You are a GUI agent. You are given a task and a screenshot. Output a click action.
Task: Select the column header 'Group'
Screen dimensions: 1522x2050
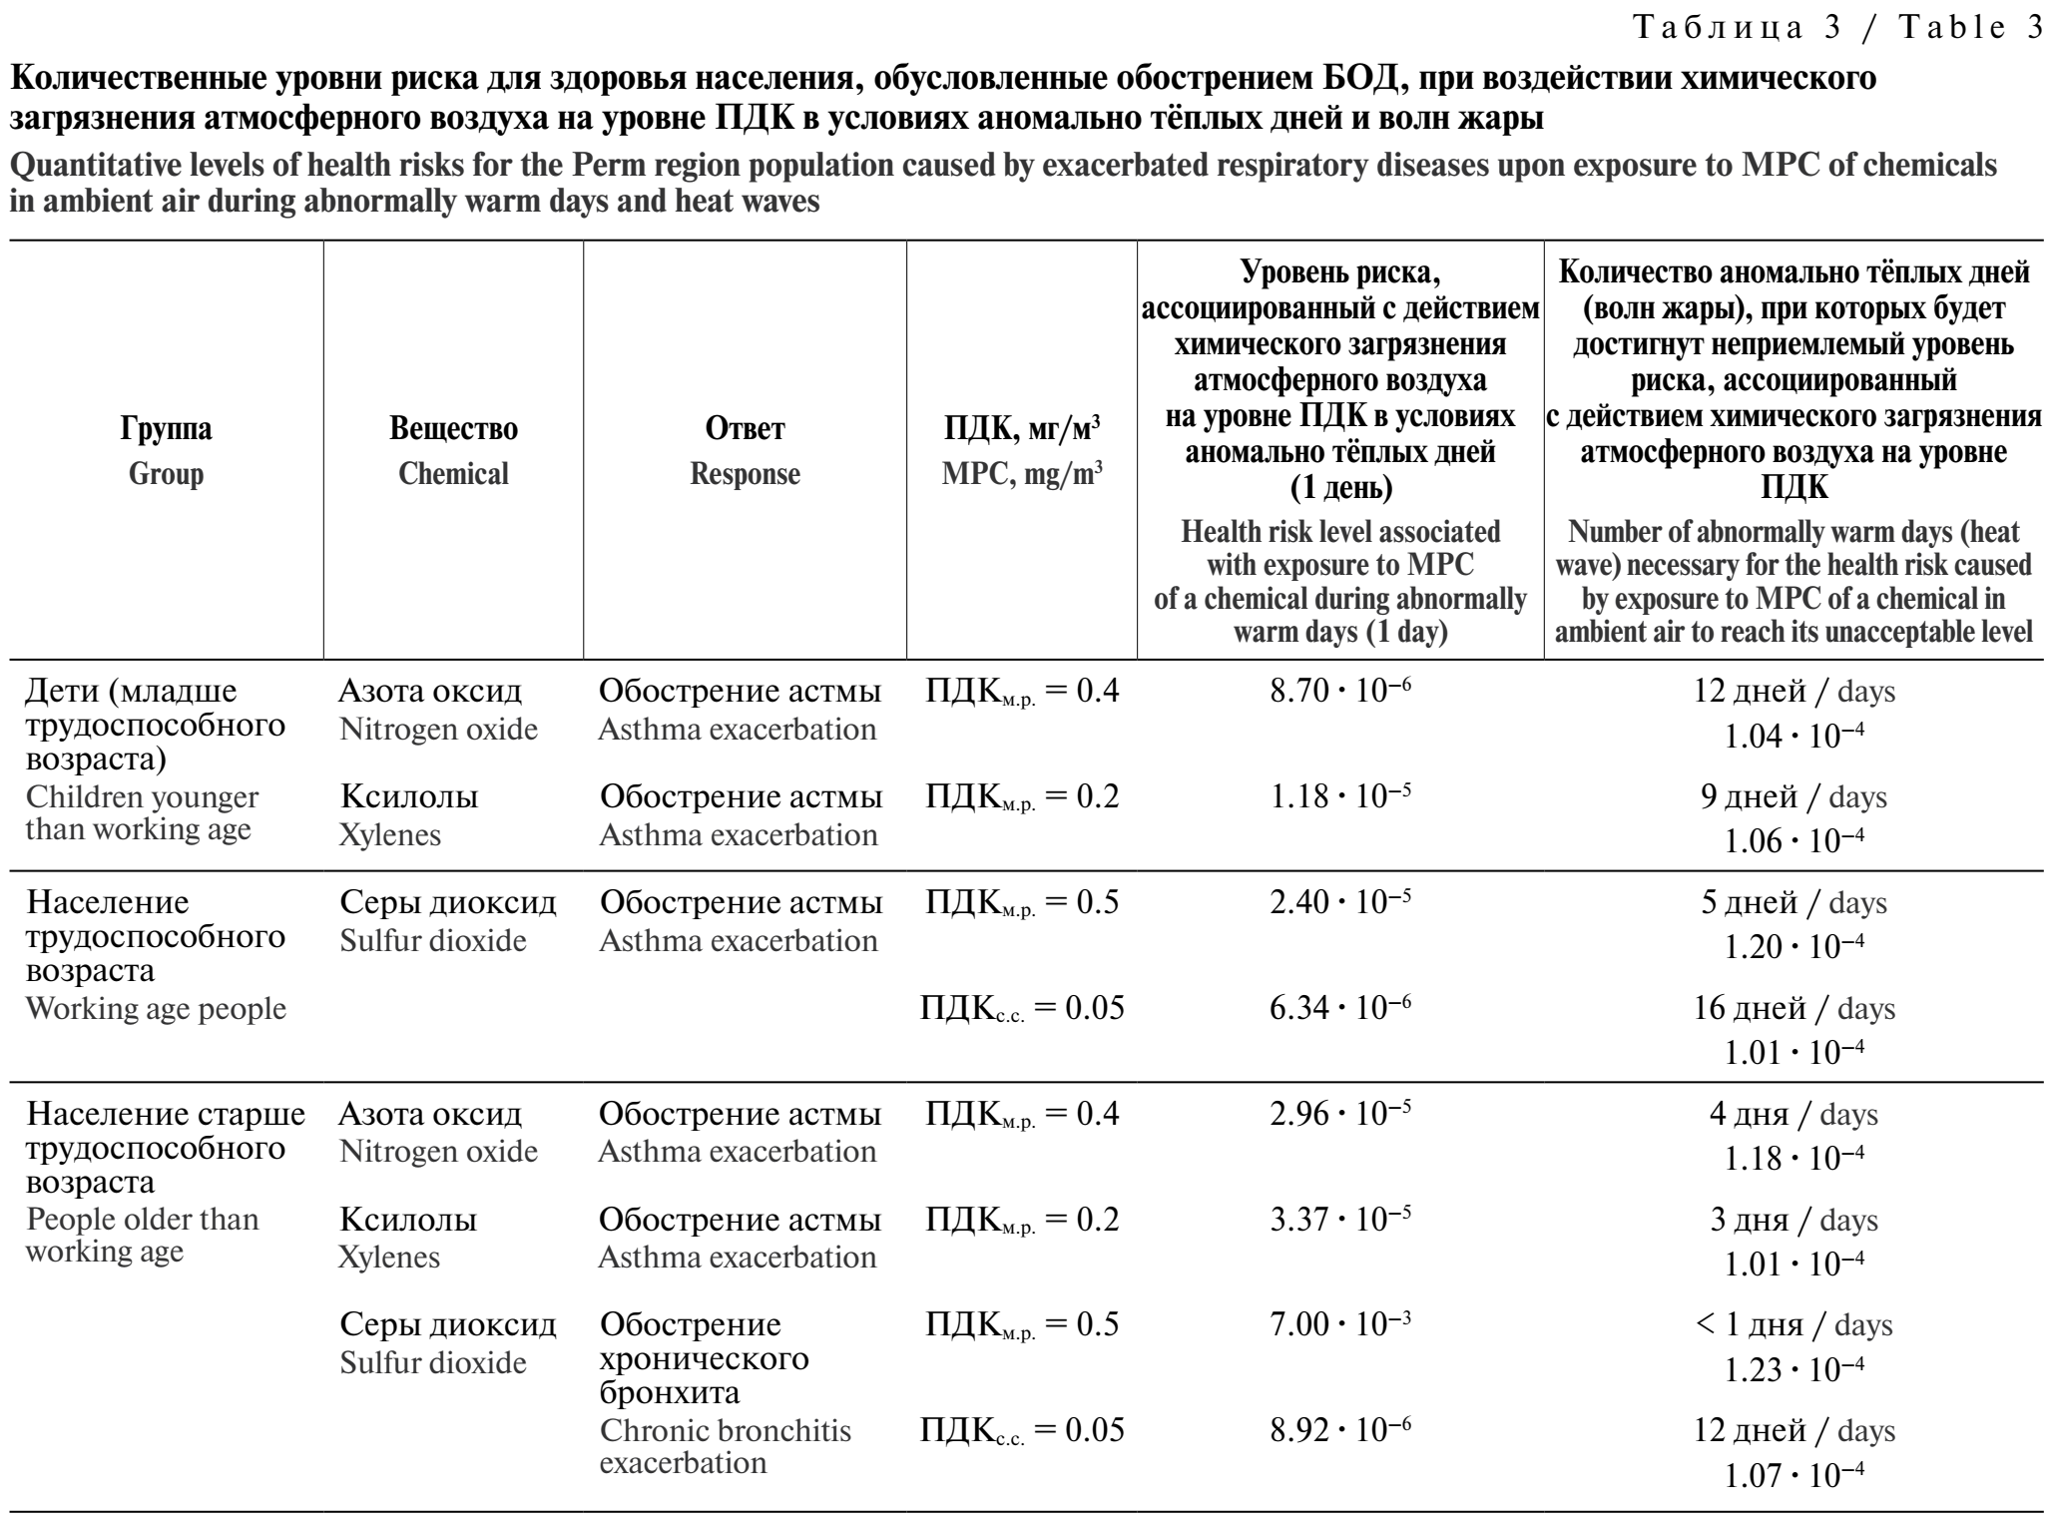166,474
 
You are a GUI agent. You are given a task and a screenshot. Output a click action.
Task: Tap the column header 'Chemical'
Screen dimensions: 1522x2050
453,474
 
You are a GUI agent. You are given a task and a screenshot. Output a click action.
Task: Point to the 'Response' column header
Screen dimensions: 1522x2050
745,474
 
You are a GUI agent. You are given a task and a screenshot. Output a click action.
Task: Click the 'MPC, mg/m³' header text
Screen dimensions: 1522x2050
1022,474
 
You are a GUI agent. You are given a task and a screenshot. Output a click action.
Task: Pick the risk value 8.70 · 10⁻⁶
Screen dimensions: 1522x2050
1340,691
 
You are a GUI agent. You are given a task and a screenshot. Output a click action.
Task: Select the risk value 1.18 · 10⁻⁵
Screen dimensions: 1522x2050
1340,796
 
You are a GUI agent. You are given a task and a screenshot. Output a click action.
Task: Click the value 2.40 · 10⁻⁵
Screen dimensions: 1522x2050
1340,902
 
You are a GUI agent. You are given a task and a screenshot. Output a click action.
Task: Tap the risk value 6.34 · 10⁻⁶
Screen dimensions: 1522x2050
1340,1008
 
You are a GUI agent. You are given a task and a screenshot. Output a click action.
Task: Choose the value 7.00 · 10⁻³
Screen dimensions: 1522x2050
1340,1324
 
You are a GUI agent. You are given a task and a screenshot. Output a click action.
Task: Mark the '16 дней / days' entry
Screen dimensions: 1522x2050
1794,1008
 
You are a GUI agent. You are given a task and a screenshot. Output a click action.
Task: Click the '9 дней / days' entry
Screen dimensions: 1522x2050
1794,796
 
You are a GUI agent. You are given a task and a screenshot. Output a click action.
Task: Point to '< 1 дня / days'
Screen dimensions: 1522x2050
1794,1324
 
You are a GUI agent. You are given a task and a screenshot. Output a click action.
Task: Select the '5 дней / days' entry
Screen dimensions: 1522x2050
1794,902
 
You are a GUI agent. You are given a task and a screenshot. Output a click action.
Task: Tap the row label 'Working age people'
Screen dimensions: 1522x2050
156,1008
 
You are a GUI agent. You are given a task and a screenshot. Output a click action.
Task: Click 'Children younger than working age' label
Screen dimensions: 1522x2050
141,813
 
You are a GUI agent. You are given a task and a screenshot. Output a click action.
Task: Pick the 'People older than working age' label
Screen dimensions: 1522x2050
141,1236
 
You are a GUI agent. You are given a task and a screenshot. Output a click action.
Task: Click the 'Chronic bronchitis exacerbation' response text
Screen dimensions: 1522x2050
725,1447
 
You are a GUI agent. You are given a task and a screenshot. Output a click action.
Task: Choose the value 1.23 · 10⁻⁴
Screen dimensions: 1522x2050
1794,1370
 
